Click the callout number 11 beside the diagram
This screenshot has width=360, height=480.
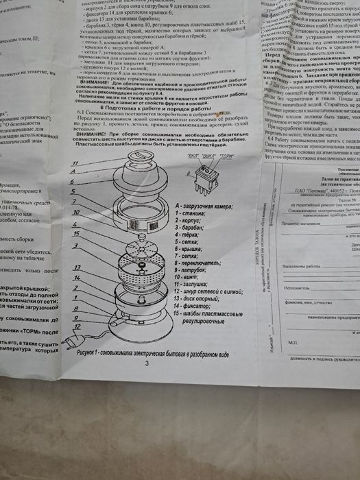point(75,163)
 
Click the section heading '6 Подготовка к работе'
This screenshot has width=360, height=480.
point(152,109)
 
